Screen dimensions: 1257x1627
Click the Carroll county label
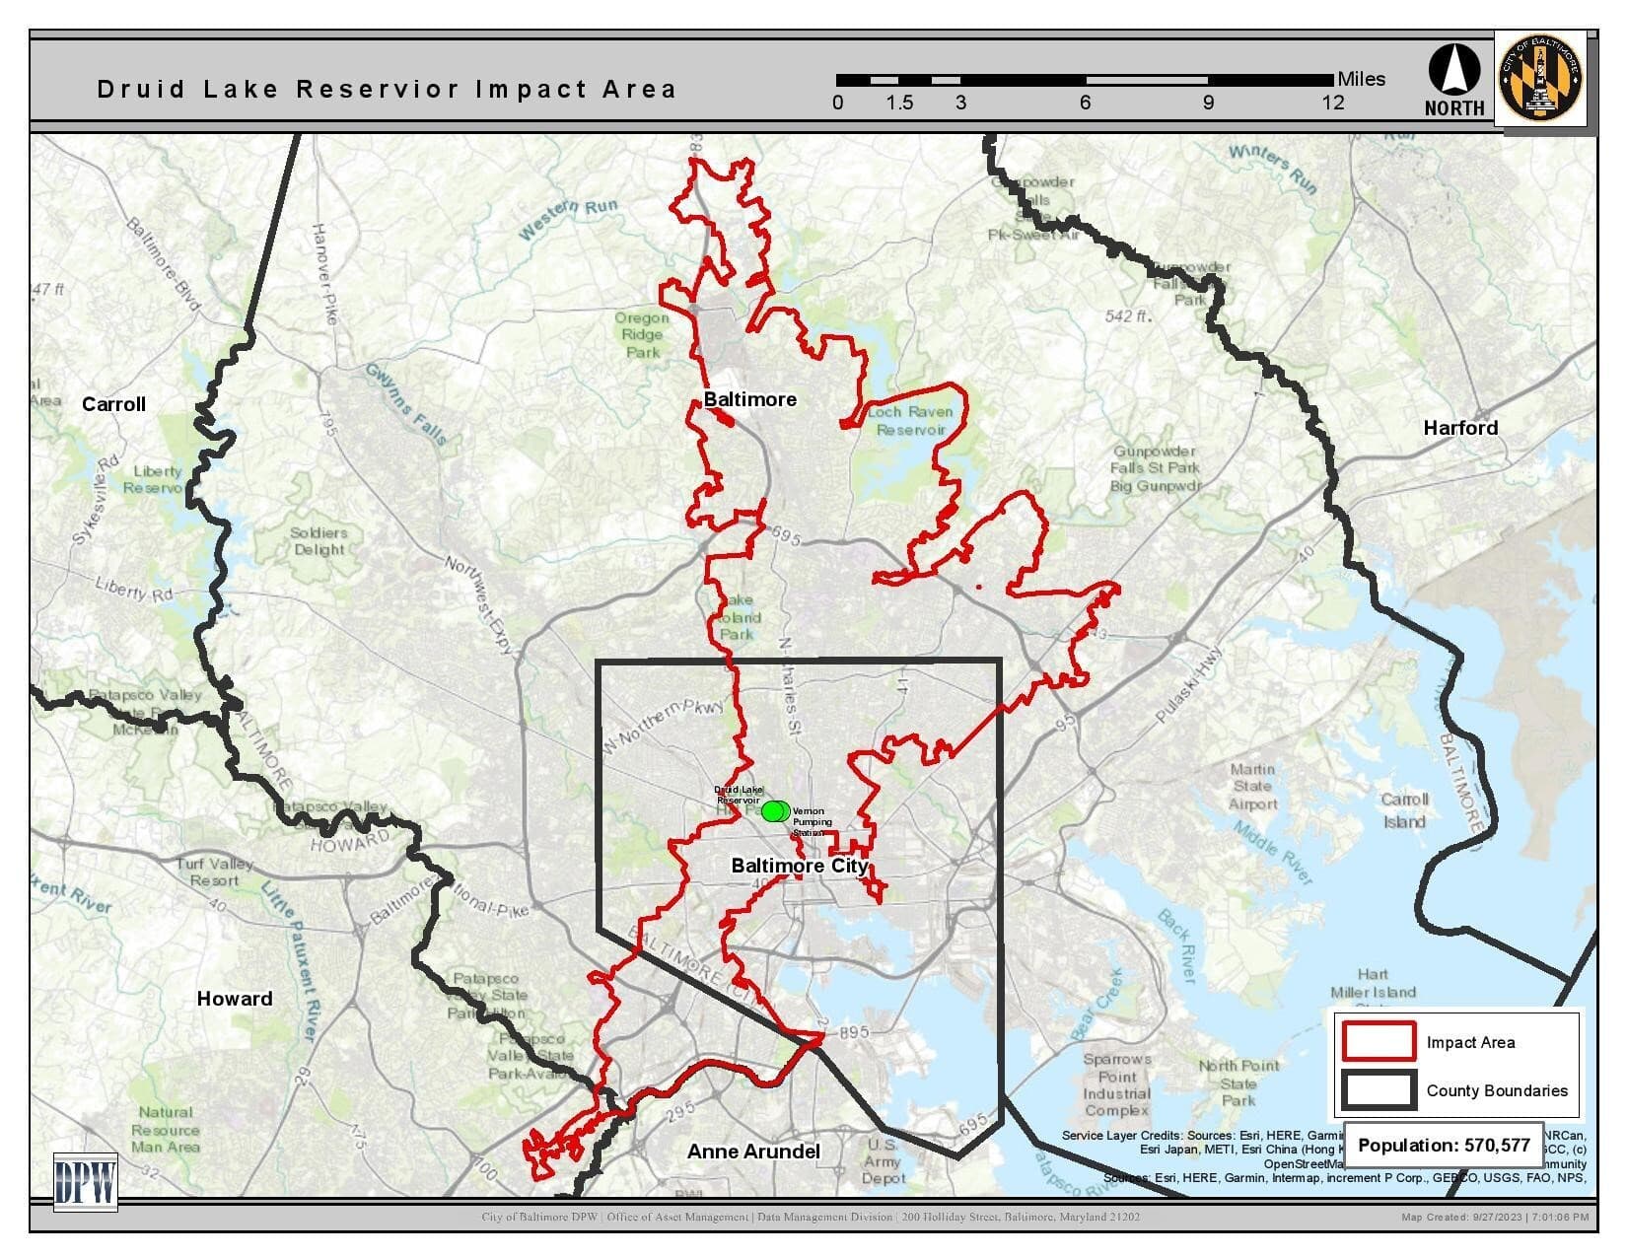click(113, 404)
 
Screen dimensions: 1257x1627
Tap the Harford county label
click(1460, 428)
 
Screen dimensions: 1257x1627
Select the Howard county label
click(235, 999)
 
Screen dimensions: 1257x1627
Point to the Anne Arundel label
click(753, 1152)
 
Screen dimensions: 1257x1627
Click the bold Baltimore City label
click(799, 866)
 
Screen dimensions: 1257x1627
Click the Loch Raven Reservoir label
click(910, 421)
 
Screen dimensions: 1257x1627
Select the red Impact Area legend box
click(1379, 1042)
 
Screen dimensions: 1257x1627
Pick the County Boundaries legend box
click(1379, 1090)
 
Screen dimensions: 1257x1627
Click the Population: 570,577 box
click(1444, 1146)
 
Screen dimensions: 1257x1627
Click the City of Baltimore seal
click(1540, 78)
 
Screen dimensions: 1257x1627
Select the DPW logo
click(85, 1181)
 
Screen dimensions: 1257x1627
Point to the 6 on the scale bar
click(1085, 103)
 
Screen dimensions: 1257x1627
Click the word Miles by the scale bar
click(1361, 79)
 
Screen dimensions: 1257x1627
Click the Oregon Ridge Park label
click(642, 335)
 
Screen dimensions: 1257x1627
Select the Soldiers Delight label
click(318, 541)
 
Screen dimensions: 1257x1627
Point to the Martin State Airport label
click(1252, 787)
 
